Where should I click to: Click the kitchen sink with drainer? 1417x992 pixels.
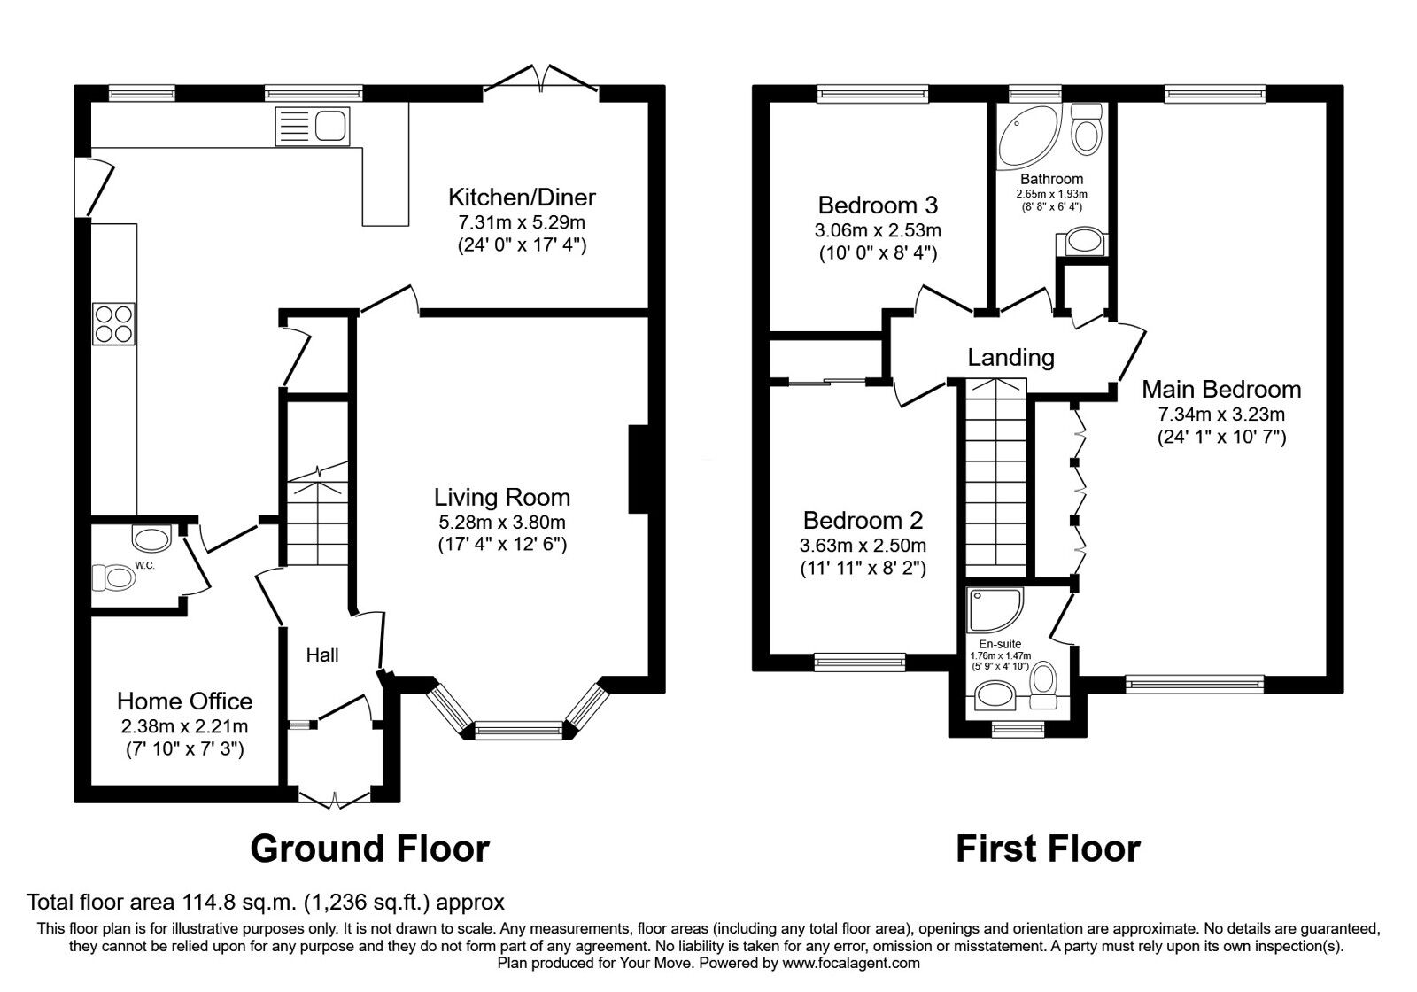tap(313, 127)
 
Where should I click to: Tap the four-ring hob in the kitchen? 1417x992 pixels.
tap(114, 323)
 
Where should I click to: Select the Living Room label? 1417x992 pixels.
tap(502, 497)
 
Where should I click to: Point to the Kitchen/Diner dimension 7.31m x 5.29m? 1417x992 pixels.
tap(522, 222)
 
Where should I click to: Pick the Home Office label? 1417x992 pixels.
tap(185, 701)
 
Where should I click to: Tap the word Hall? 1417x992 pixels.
tap(322, 655)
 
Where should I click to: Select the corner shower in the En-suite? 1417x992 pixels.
tap(995, 610)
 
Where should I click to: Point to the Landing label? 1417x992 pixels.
tap(1010, 358)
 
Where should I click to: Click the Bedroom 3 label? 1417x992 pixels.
tap(878, 205)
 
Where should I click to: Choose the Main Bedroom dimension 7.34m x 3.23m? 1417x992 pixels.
tap(1221, 415)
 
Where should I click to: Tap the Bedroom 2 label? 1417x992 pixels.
tap(863, 520)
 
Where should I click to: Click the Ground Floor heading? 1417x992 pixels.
tap(370, 849)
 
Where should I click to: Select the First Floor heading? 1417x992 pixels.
tap(1049, 849)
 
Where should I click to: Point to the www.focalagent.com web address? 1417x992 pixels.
tap(851, 964)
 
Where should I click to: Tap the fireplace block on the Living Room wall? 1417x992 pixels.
tap(639, 469)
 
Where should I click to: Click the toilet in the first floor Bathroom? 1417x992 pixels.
tap(1088, 129)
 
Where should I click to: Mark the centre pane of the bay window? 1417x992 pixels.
tap(518, 731)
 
